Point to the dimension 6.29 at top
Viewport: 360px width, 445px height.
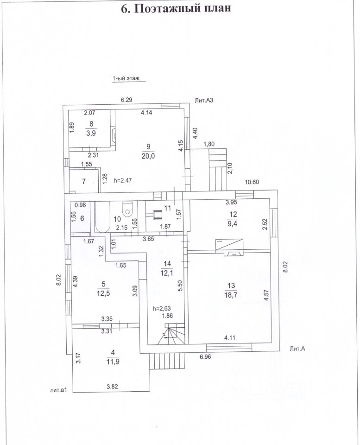[x=126, y=100]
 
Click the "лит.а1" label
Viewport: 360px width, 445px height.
[x=59, y=390]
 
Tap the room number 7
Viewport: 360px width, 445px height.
[x=84, y=181]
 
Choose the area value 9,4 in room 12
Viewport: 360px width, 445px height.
[x=231, y=223]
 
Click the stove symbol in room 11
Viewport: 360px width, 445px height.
[x=157, y=214]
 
